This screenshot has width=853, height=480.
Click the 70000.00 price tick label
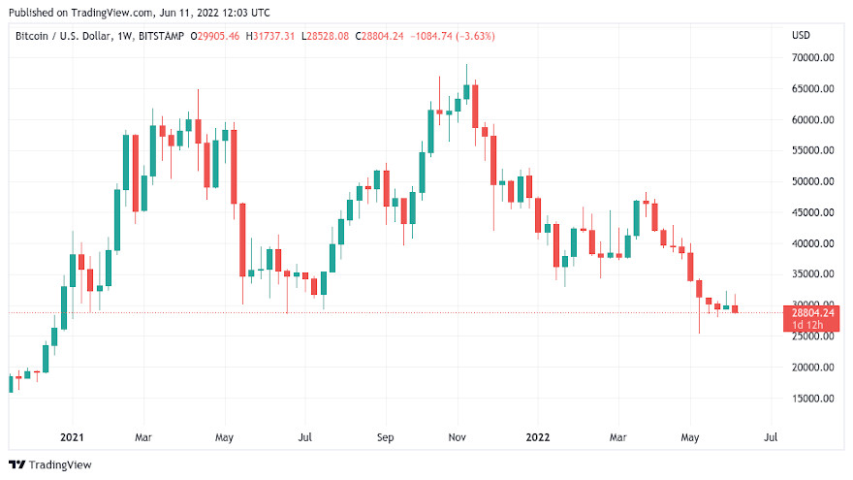click(812, 57)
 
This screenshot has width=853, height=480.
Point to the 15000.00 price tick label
click(812, 399)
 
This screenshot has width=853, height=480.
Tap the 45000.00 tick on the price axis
click(812, 212)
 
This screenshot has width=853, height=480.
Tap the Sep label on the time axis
click(385, 437)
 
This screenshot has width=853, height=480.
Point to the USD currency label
click(801, 36)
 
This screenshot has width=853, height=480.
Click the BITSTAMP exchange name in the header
click(161, 36)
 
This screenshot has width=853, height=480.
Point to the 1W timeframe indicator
click(124, 36)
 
